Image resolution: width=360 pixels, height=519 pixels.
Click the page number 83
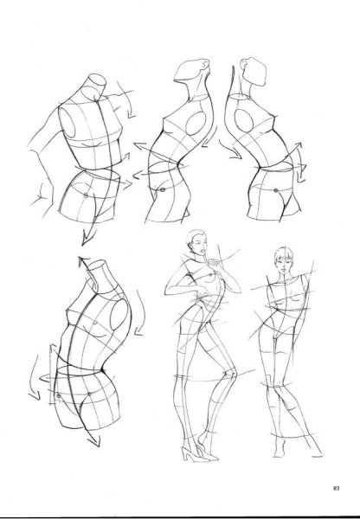(336, 488)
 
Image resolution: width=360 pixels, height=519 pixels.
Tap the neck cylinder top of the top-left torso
(98, 80)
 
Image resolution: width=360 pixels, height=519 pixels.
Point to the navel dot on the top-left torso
(86, 195)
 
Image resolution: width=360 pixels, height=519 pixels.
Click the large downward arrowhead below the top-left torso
(87, 238)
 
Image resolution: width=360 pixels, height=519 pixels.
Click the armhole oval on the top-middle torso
(196, 123)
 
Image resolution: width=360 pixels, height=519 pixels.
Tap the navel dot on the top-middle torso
(163, 190)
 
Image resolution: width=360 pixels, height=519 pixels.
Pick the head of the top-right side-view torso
(254, 72)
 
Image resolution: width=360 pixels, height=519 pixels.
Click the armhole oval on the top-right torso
(244, 120)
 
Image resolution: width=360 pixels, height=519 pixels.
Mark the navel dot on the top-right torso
(275, 190)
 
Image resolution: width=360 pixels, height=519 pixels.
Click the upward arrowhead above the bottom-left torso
(83, 261)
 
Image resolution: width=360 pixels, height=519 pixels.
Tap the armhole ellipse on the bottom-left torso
(119, 315)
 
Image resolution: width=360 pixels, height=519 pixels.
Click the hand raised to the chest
(213, 263)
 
